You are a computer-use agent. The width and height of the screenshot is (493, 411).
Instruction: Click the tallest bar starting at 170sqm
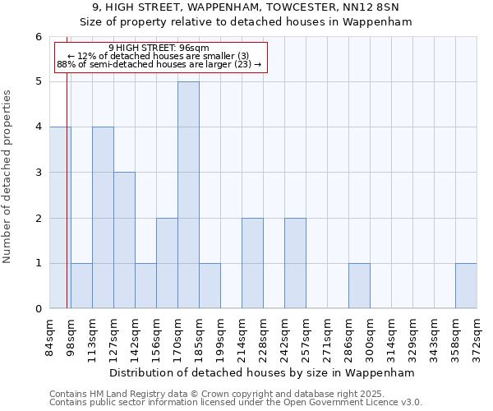(188, 195)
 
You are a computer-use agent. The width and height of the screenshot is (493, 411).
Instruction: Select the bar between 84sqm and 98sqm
(60, 218)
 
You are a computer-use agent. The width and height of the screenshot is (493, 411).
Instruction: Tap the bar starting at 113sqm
(103, 218)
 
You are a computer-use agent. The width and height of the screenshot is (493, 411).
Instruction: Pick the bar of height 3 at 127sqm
(124, 240)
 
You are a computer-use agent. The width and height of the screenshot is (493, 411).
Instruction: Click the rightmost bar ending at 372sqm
(466, 286)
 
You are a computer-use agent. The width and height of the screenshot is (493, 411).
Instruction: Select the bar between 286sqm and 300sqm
(359, 286)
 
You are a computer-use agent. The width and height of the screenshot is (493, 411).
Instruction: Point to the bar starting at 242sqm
(295, 263)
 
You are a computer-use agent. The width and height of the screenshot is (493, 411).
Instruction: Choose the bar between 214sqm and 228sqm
(252, 263)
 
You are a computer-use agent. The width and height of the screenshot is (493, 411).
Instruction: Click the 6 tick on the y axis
(38, 37)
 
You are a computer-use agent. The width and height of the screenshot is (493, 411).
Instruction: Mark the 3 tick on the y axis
(38, 173)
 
